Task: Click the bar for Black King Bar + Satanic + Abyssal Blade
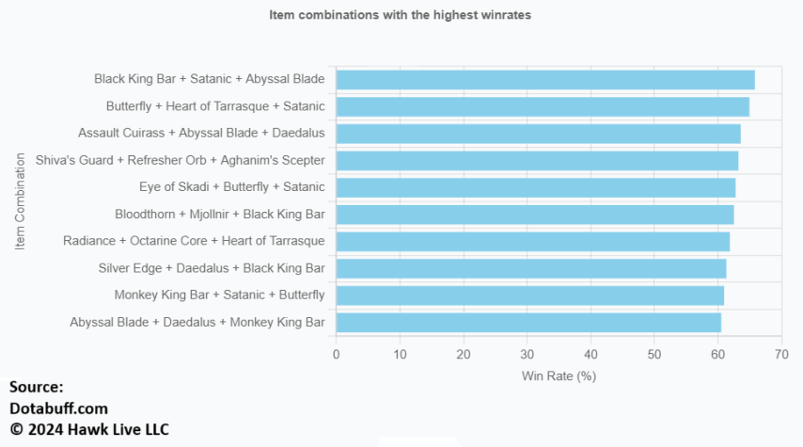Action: (545, 80)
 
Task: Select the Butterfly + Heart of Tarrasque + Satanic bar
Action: (543, 106)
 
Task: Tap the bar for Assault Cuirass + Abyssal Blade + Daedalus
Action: (538, 134)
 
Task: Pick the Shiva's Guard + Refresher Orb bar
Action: (537, 161)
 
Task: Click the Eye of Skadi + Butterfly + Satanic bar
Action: (536, 187)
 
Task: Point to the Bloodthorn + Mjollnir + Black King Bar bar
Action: (535, 215)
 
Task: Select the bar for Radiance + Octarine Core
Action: (533, 242)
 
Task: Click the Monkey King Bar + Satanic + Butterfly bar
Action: (530, 295)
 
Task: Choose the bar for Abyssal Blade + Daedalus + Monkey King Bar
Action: (528, 323)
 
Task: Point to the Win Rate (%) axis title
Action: (559, 375)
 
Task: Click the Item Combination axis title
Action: (20, 201)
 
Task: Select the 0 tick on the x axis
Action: (337, 355)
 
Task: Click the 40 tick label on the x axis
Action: (590, 355)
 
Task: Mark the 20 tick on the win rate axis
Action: (464, 355)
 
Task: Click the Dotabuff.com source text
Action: (58, 408)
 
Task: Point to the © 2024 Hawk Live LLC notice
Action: (89, 430)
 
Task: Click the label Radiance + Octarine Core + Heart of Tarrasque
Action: (194, 242)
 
